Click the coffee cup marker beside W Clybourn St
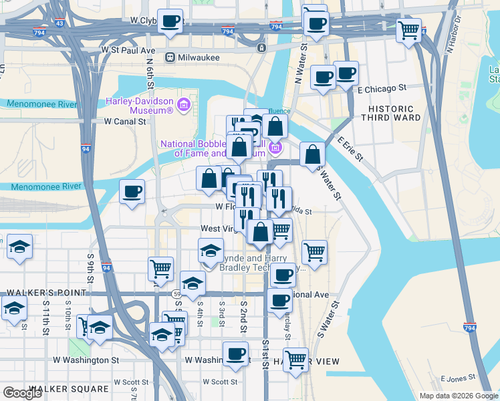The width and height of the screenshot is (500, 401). click(170, 21)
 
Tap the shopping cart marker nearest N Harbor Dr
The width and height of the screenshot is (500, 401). click(408, 30)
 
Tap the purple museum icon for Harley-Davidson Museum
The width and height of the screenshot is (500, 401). click(184, 105)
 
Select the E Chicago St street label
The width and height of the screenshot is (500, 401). click(382, 88)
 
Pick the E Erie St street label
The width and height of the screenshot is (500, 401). click(350, 149)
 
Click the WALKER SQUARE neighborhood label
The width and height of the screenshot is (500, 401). click(68, 389)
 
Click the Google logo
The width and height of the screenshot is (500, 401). click(22, 393)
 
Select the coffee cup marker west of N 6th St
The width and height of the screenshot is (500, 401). click(132, 192)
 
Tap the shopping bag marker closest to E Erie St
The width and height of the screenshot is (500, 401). click(312, 155)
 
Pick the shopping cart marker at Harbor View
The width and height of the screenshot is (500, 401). click(295, 360)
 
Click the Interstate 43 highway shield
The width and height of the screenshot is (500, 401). click(60, 23)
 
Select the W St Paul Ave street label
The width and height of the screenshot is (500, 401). click(128, 50)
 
